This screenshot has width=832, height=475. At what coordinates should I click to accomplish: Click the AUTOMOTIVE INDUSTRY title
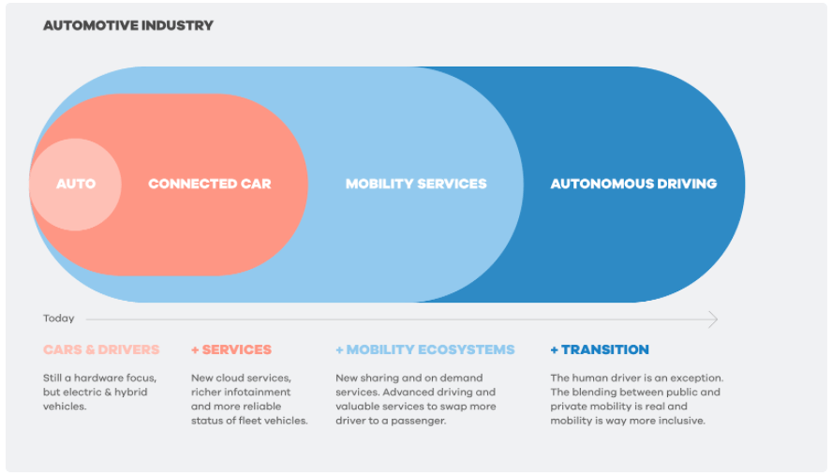tap(128, 25)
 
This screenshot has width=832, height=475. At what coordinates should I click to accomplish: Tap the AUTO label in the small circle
tap(76, 184)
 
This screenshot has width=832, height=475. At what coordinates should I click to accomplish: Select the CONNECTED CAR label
tap(210, 184)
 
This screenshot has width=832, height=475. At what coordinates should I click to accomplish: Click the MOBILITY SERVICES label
tap(416, 184)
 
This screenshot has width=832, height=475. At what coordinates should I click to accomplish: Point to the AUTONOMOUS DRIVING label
tap(633, 184)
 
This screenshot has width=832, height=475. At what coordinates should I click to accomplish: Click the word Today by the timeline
tap(59, 319)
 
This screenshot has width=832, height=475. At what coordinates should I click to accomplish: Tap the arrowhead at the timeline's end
tap(713, 319)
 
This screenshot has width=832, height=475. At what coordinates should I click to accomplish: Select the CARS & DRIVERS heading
tap(101, 349)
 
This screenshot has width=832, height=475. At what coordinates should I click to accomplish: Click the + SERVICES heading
tap(231, 349)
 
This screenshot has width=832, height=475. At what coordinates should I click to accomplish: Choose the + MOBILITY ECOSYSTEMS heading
tap(425, 349)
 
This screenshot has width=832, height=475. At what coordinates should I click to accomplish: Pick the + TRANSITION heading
tap(600, 349)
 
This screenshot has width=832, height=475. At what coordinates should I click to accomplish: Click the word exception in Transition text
tap(691, 379)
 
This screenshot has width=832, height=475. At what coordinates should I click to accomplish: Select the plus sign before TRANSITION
tap(555, 349)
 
